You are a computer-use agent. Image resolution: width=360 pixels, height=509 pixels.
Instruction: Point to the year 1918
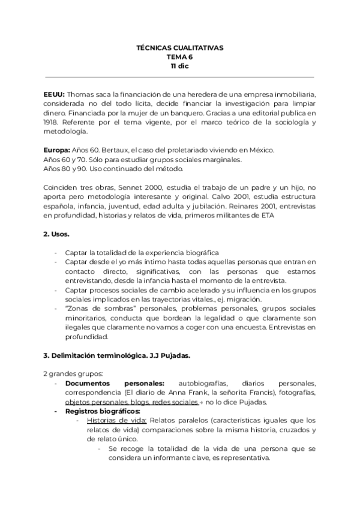[x=52, y=122]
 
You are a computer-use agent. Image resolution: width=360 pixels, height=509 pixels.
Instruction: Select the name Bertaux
[x=120, y=149]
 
